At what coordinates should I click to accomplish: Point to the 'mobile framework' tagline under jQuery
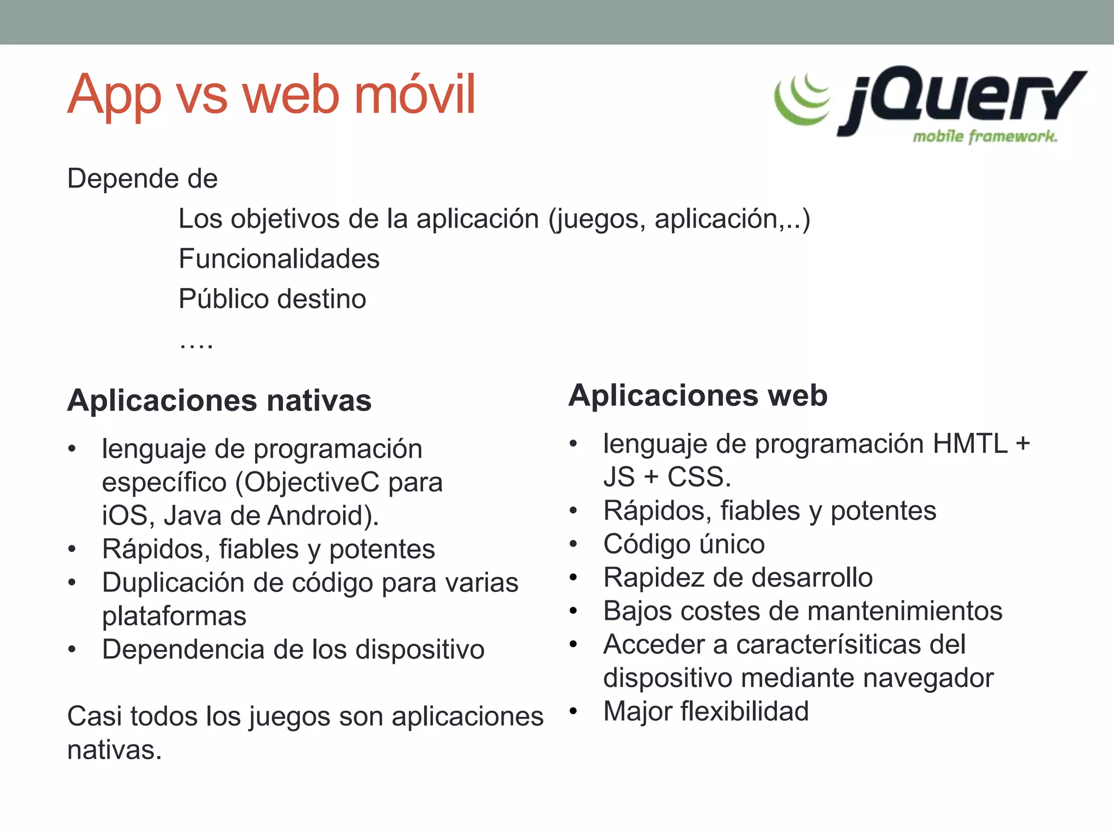pyautogui.click(x=985, y=136)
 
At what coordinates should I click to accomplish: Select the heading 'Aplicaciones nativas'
pyautogui.click(x=219, y=401)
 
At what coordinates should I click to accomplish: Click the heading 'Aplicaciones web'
pyautogui.click(x=698, y=395)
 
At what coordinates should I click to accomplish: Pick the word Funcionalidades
pyautogui.click(x=279, y=259)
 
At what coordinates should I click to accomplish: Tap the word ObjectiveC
pyautogui.click(x=311, y=482)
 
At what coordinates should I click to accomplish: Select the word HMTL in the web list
pyautogui.click(x=970, y=444)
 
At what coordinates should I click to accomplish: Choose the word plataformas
pyautogui.click(x=174, y=616)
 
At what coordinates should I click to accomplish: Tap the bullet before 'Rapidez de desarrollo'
pyautogui.click(x=573, y=577)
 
